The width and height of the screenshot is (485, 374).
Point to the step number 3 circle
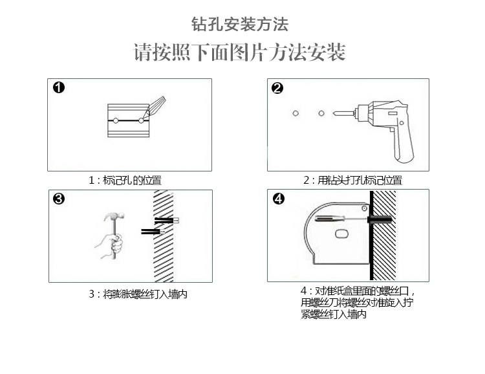59,199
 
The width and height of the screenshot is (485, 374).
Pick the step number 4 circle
278,199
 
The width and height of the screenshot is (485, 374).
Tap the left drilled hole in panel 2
295,114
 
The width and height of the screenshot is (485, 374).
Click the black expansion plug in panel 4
382,221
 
